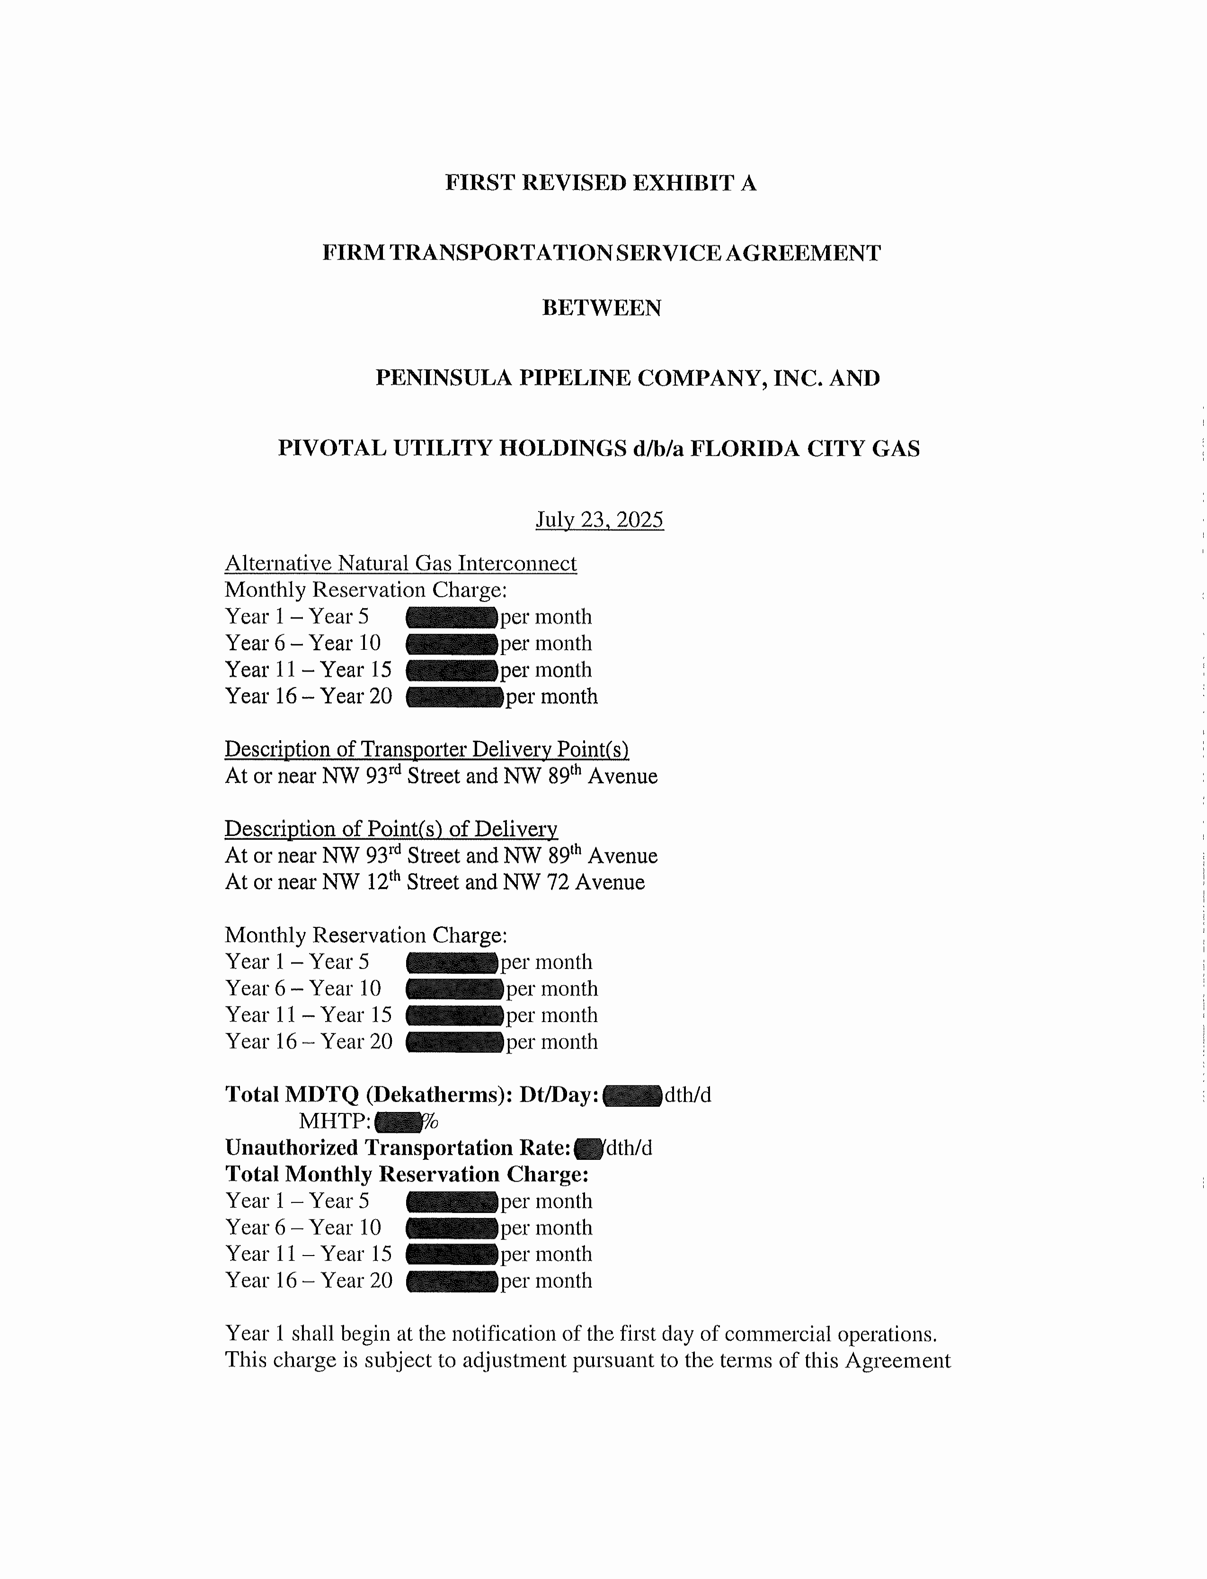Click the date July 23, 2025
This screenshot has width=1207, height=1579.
click(x=599, y=520)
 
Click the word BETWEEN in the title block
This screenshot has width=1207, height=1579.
click(x=601, y=308)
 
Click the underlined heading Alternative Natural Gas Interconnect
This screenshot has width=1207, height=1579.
click(x=400, y=564)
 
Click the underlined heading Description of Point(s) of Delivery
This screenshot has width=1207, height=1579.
click(x=391, y=829)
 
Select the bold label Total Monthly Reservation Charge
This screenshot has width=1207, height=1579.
click(x=407, y=1175)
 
